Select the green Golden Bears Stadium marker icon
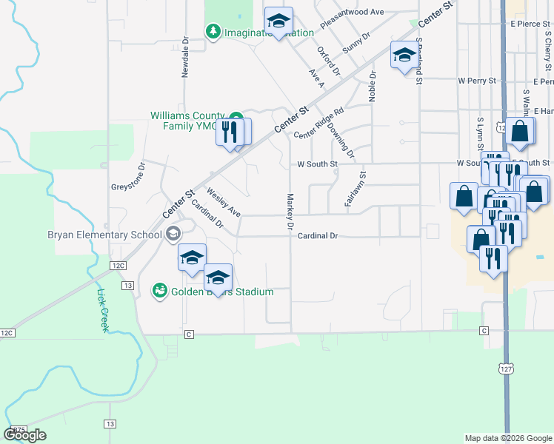click(158, 292)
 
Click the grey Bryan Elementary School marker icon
click(173, 235)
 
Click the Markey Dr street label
click(290, 211)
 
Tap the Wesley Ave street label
click(224, 202)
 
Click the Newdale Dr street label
click(186, 58)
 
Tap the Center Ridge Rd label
click(319, 123)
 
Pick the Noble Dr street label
click(373, 87)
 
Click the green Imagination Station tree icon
click(213, 31)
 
